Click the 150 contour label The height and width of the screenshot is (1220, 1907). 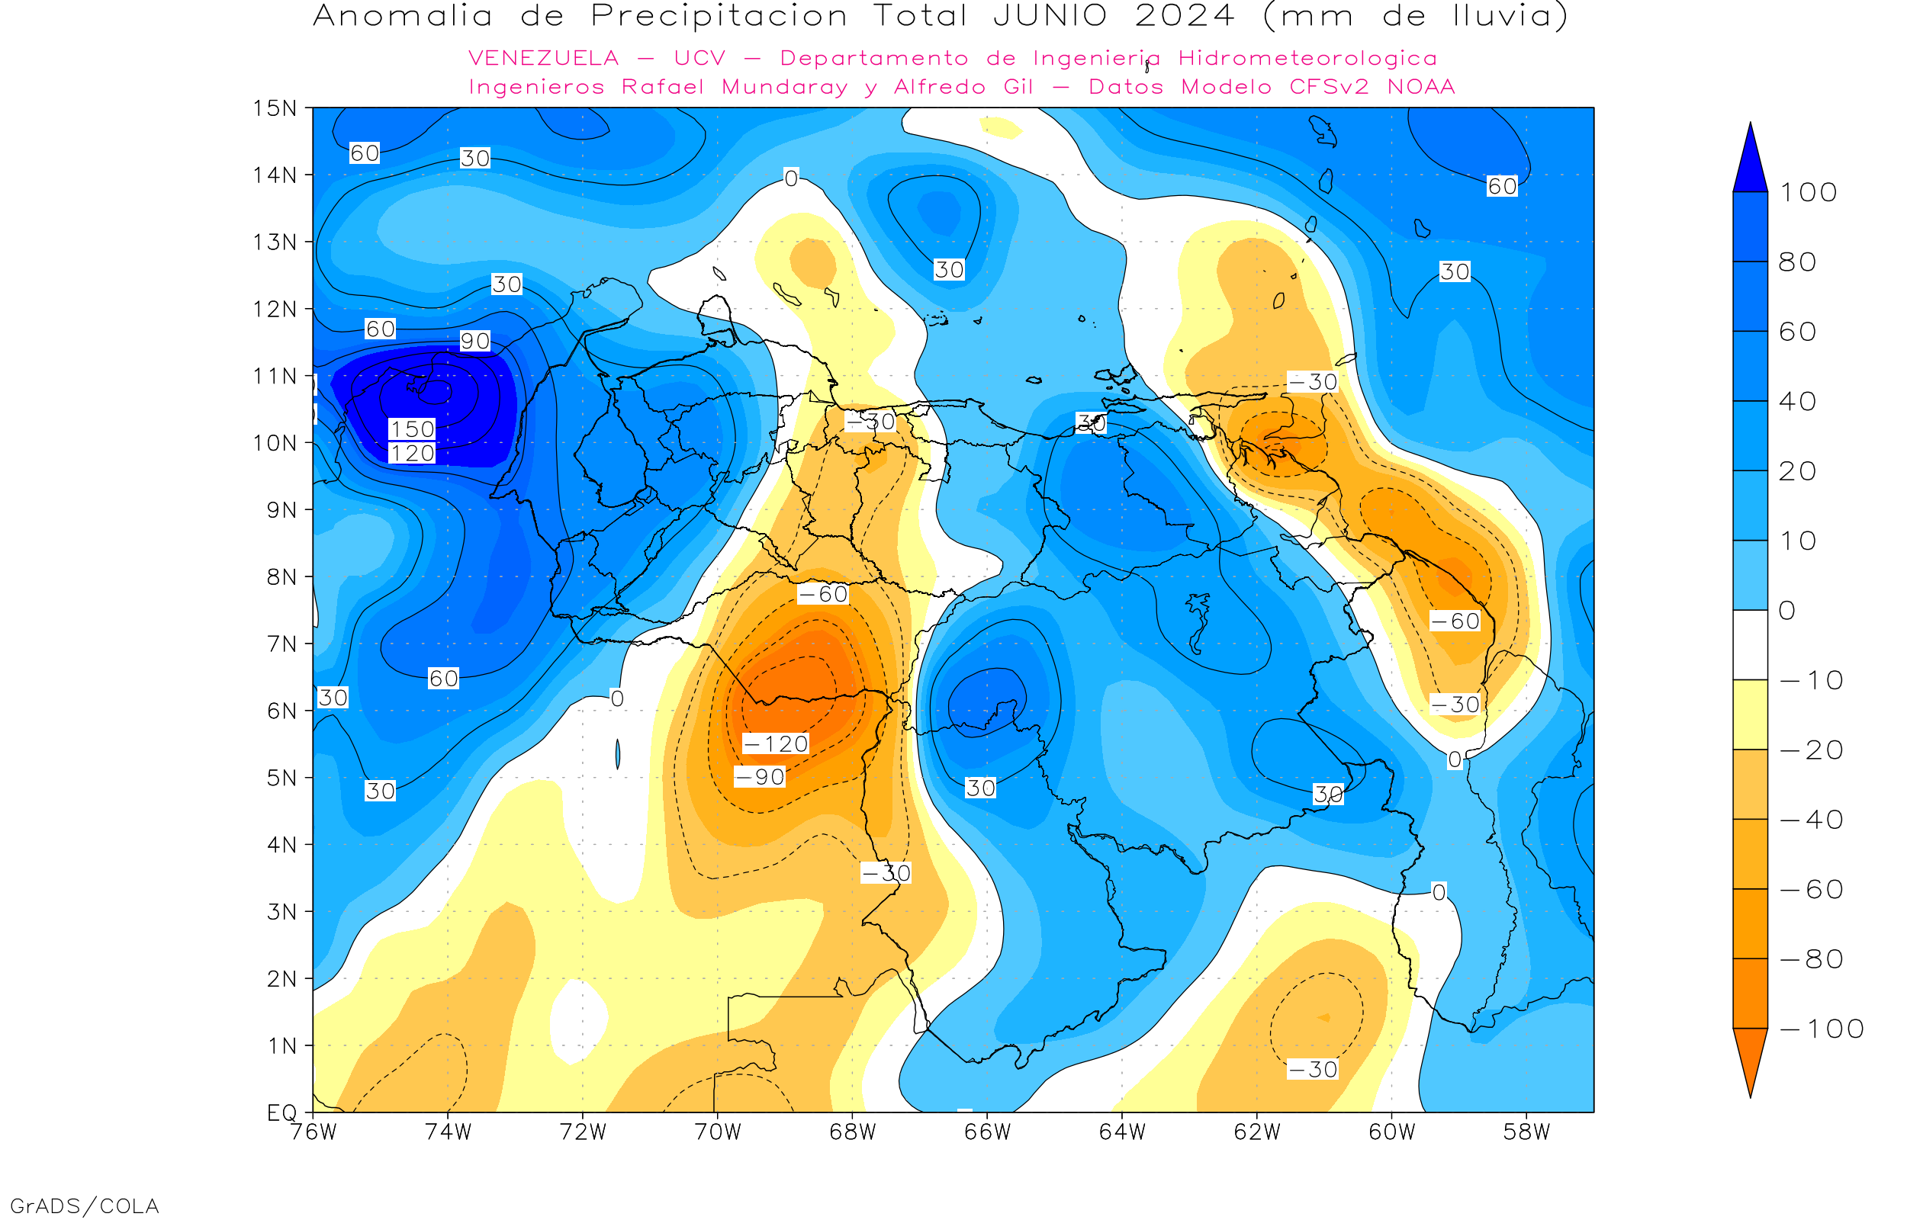[412, 429]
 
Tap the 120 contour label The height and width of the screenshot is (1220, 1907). [412, 453]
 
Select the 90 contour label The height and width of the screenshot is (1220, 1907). [474, 341]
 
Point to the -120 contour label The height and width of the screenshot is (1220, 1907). [776, 744]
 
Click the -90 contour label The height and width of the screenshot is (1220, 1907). [760, 777]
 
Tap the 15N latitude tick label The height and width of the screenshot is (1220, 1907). [274, 108]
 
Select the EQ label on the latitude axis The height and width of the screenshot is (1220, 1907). [281, 1112]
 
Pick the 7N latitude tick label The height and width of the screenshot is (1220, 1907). [281, 644]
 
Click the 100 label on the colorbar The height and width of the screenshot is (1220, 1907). [1808, 192]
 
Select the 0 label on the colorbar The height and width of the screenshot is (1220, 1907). [1786, 611]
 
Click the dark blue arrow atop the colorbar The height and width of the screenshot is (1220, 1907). [1750, 162]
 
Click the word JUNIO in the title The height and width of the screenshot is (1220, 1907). [1050, 16]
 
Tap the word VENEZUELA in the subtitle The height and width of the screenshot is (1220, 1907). [544, 58]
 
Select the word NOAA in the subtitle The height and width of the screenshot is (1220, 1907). [1421, 87]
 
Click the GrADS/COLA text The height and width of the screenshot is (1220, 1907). [85, 1206]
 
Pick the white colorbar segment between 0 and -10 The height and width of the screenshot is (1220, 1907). [1750, 645]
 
